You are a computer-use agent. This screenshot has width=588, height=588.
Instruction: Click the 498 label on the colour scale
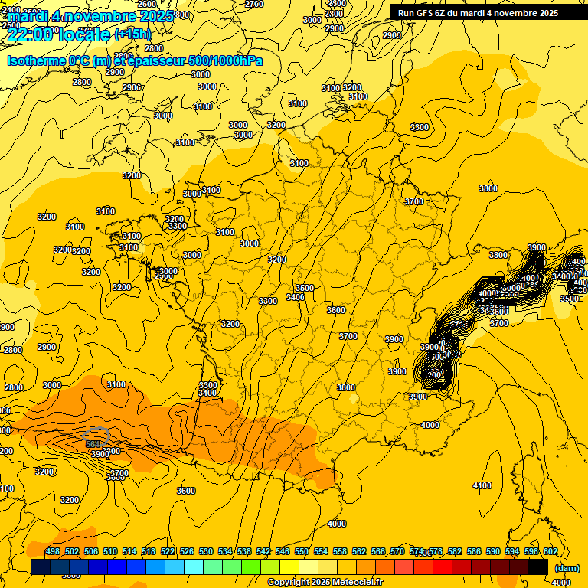point(53,551)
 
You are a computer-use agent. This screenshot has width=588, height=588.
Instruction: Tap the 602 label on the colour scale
point(550,551)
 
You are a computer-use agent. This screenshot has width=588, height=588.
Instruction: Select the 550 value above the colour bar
point(302,551)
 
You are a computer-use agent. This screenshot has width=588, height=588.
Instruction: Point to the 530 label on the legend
point(206,551)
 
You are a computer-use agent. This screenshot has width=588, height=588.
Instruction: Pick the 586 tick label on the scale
point(474,551)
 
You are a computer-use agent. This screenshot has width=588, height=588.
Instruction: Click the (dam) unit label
point(567,569)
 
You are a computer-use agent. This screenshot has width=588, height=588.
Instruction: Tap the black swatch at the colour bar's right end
point(538,567)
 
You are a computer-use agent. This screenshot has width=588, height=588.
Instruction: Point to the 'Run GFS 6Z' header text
point(424,12)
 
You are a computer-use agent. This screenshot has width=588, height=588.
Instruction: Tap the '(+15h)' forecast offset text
point(132,34)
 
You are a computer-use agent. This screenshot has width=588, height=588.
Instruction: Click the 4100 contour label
point(482,485)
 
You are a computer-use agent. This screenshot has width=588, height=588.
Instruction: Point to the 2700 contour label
point(254,4)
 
